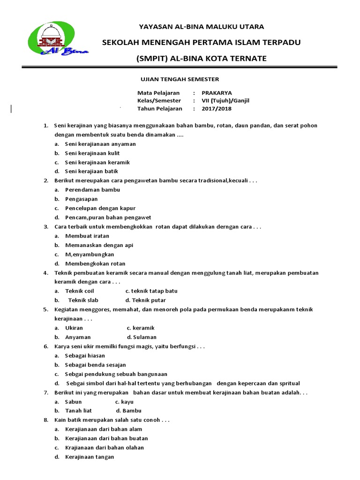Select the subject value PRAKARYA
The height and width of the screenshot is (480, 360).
[x=217, y=93]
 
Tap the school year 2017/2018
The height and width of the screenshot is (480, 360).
[x=216, y=109]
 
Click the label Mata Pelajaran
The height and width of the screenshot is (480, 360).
[x=158, y=93]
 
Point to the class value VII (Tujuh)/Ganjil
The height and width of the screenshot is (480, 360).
[x=225, y=101]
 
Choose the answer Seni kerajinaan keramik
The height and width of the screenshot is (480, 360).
[x=97, y=162]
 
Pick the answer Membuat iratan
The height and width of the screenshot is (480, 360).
[x=87, y=236]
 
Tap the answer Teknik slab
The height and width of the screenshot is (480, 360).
[x=83, y=300]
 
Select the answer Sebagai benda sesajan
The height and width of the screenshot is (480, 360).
[x=95, y=365]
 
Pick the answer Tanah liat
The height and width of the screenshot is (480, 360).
[x=78, y=411]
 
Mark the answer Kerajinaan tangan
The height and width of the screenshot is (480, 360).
[x=90, y=457]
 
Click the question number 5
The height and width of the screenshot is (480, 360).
[x=45, y=309]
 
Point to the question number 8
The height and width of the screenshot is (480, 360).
[x=45, y=420]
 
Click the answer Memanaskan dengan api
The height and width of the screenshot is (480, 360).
[x=99, y=245]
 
